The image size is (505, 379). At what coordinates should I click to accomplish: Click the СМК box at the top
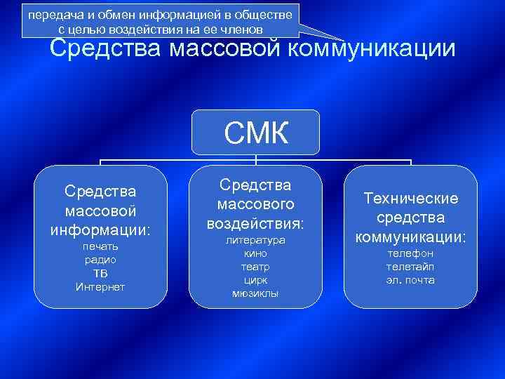coord(255,132)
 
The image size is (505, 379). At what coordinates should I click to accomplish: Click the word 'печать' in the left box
coord(100,246)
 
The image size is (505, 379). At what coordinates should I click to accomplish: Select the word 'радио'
coord(100,260)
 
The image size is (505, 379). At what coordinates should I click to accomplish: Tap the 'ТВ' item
coord(100,273)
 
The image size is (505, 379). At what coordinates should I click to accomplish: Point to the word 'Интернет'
coord(100,287)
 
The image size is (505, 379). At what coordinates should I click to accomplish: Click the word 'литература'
coord(255,240)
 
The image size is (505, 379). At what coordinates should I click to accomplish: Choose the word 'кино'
coord(255,253)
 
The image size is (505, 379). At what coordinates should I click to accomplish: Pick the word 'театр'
coord(255,267)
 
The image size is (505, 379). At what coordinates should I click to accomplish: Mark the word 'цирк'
coord(255,280)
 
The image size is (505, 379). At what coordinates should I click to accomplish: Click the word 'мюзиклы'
coord(255,293)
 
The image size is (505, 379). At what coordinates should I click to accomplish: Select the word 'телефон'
coord(410,253)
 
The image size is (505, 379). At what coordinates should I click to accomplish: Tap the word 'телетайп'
coord(410,266)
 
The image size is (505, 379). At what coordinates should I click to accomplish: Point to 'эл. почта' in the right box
coord(410,280)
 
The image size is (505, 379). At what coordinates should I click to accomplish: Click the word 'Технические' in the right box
coord(410,199)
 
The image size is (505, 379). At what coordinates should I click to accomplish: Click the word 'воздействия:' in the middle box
coord(255,223)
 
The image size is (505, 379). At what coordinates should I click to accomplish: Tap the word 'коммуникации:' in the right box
coord(410,237)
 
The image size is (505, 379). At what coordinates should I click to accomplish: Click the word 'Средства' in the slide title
coord(105,49)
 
